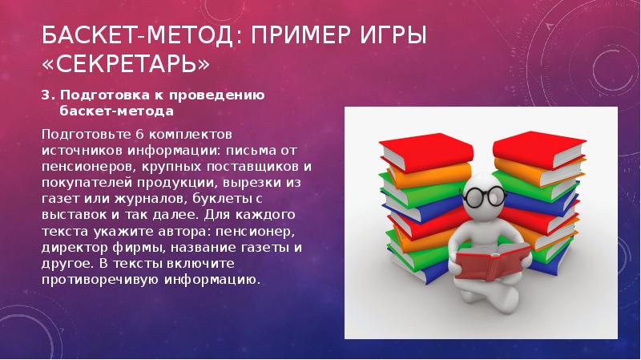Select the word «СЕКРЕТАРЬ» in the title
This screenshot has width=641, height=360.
(x=126, y=63)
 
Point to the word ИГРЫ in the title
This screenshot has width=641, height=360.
(x=394, y=35)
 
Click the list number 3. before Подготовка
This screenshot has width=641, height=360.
(x=48, y=95)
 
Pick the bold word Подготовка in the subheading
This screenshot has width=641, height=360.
(x=105, y=95)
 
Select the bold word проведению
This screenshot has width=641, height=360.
(x=217, y=95)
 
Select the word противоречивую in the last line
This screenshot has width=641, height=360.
(x=101, y=281)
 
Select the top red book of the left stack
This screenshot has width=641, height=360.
(x=426, y=151)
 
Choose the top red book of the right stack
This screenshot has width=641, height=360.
(x=538, y=148)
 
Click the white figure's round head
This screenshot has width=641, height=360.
(x=485, y=196)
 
